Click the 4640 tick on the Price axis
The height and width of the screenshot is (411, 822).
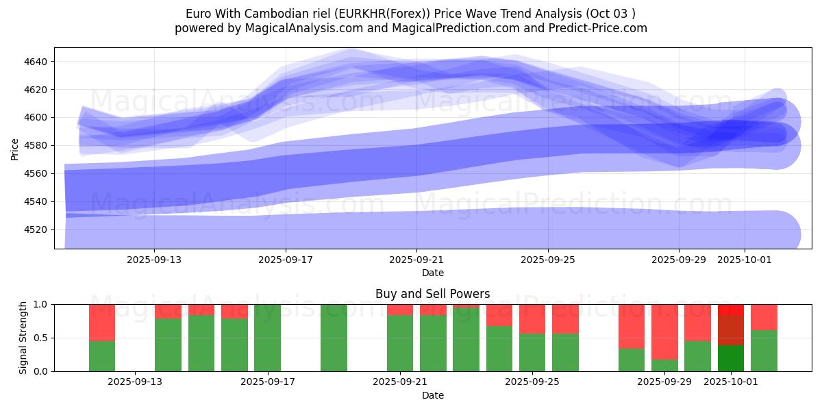tap(36, 62)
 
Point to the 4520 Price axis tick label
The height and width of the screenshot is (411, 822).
tap(36, 229)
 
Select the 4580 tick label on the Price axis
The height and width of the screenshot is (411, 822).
tap(36, 145)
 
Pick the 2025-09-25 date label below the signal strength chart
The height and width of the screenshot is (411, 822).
tap(532, 382)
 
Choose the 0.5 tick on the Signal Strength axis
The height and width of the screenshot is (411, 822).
tap(40, 338)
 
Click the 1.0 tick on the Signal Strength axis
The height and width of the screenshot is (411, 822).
tap(40, 304)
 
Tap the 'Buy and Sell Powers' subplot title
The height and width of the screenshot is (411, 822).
tap(432, 294)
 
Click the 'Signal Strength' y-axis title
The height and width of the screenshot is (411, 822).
tap(23, 338)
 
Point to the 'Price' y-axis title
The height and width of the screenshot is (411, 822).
tap(15, 149)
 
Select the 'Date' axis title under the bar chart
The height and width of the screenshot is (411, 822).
tap(432, 395)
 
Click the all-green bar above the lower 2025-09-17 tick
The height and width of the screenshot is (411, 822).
tap(267, 338)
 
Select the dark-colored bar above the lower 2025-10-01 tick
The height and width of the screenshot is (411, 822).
tap(731, 338)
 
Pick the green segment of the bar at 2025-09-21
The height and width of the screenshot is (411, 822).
tap(400, 342)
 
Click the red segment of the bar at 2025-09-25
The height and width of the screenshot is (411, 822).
tap(532, 319)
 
